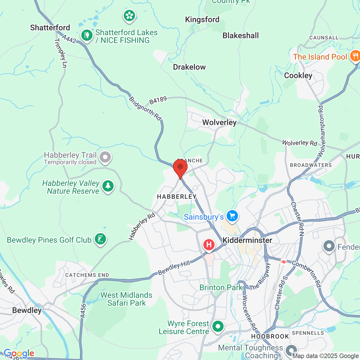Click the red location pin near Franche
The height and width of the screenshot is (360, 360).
click(180, 168)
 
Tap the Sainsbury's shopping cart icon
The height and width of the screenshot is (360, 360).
click(232, 216)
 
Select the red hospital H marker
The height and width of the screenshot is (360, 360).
click(209, 244)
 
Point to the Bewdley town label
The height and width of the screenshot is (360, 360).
click(27, 310)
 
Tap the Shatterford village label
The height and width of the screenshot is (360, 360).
click(50, 28)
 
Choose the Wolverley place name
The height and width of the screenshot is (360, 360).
click(219, 122)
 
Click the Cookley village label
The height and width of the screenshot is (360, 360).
click(298, 75)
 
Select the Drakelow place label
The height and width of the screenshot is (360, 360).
click(189, 67)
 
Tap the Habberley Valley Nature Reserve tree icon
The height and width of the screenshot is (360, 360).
click(108, 186)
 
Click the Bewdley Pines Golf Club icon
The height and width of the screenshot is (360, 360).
click(100, 239)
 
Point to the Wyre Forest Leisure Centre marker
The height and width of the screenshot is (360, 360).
click(218, 327)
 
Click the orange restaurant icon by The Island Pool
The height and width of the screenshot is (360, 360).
click(355, 56)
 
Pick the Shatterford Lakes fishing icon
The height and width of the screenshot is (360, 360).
click(87, 35)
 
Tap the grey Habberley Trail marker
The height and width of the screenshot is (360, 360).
click(105, 157)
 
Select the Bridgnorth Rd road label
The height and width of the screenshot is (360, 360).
click(145, 108)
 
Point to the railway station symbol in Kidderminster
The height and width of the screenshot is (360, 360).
click(283, 262)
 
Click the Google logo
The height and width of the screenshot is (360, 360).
click(19, 353)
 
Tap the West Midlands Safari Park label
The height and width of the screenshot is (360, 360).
click(126, 299)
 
